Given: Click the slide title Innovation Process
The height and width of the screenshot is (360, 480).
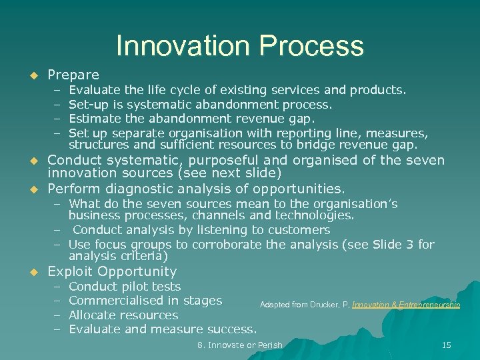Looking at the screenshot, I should [240, 46].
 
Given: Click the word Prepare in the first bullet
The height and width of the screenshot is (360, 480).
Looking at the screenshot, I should [73, 75].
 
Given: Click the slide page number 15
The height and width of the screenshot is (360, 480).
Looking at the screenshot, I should [447, 345].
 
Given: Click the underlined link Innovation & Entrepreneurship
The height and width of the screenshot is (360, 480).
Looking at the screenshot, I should [406, 305].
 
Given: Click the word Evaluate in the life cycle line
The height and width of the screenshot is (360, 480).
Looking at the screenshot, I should [93, 90].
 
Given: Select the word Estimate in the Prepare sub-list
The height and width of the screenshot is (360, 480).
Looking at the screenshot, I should [93, 119].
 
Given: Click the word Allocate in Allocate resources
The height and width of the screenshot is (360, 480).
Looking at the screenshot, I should [92, 315].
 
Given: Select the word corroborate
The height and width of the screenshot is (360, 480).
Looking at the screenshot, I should [225, 245].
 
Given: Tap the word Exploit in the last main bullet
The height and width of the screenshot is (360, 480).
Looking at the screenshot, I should [70, 271].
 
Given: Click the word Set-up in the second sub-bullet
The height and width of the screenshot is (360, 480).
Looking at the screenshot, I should [87, 104].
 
